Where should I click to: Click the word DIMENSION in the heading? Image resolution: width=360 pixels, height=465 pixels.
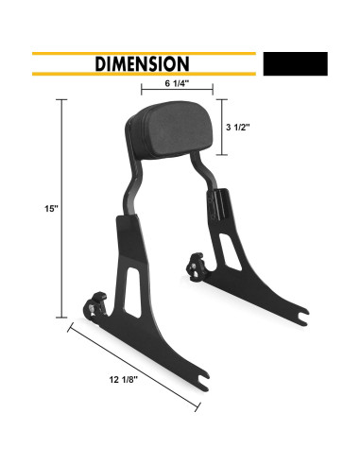coord(142,63)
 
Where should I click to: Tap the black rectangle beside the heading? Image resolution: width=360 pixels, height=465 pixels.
coord(296,63)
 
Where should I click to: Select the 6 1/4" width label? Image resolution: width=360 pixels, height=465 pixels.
coord(178,82)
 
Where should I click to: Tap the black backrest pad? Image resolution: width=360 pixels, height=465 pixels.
coord(177,129)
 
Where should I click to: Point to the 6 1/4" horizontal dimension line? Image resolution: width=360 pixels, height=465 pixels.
coord(177,93)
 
